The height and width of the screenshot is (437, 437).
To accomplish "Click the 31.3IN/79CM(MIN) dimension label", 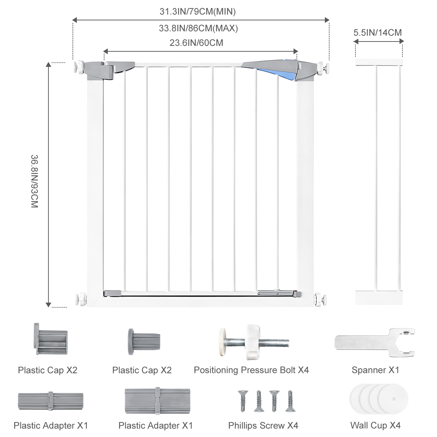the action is pos(197,12).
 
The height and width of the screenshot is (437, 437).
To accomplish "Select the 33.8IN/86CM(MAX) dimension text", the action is pos(198,28).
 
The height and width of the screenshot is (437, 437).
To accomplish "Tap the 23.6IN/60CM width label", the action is pos(196,43).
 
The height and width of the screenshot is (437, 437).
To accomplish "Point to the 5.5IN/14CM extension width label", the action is pos(378,33).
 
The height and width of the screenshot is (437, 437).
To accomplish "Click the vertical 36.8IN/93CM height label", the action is pos(35,181).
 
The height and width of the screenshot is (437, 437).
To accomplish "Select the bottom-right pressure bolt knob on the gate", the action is pos(320,300).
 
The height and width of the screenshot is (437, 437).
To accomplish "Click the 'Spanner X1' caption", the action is pos(375,370).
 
